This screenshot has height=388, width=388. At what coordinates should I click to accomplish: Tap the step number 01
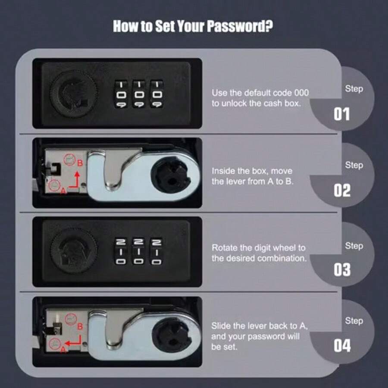342,114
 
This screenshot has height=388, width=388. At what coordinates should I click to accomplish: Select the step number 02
342,191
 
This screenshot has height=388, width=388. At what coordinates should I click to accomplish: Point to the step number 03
342,269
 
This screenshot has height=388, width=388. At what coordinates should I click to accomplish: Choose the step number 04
342,345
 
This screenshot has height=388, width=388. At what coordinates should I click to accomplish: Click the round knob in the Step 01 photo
74,94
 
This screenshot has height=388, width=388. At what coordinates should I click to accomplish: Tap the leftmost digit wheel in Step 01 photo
121,94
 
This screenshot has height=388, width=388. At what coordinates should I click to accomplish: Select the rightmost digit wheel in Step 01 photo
157,94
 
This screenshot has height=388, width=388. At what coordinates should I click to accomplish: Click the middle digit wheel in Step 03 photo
139,251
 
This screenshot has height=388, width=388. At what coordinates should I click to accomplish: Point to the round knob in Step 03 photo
74,251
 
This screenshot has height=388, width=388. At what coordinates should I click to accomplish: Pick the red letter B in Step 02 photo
80,163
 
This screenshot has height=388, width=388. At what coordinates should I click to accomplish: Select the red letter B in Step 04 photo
80,327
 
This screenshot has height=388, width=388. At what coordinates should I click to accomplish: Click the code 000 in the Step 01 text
301,93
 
